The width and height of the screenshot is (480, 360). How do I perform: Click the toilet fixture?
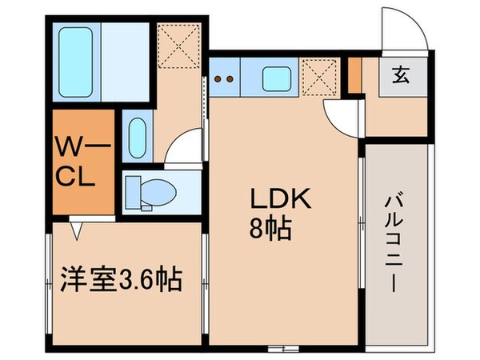point(153,191)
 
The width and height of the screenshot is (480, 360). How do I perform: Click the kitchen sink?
point(280,79)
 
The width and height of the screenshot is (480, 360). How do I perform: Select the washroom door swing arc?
point(186,148)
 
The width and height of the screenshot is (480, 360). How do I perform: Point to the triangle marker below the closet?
point(75,230)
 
